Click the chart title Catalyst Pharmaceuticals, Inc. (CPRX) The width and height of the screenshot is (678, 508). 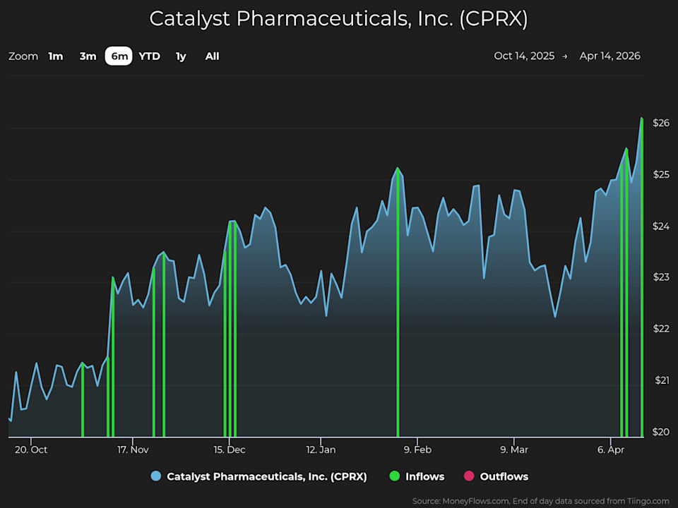tap(339, 18)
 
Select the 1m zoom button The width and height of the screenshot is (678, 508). tap(56, 56)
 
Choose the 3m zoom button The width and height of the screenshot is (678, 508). tap(88, 56)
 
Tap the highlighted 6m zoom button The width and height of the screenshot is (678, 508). tap(119, 56)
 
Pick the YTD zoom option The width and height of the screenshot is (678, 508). tap(149, 56)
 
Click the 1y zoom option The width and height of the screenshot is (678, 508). tap(182, 56)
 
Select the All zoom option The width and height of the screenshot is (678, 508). tap(212, 56)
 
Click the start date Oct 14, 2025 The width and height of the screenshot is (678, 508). tap(524, 56)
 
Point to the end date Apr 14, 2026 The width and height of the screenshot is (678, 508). tap(610, 56)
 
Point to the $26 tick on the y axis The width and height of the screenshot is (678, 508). tap(660, 123)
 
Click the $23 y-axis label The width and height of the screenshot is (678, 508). tap(660, 277)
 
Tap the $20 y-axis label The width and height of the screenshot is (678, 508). tap(660, 432)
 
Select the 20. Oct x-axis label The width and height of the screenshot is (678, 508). tap(30, 449)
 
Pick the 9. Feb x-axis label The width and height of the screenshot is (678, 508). tap(417, 449)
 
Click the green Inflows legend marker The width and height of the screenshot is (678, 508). tap(395, 476)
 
